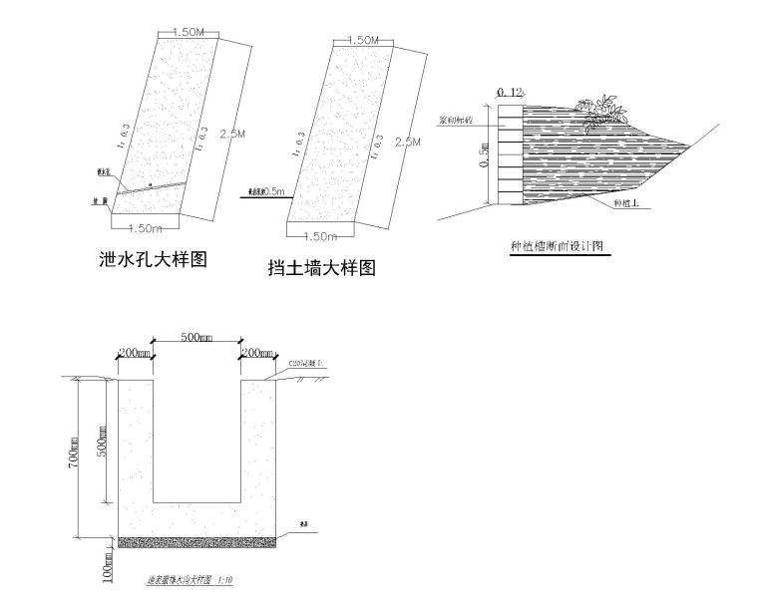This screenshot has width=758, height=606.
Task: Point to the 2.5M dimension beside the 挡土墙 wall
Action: click(x=407, y=143)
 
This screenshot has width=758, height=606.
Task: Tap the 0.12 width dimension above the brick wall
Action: click(x=511, y=93)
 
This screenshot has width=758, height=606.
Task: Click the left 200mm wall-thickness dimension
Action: click(x=133, y=354)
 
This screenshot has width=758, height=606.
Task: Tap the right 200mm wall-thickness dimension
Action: click(x=256, y=354)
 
